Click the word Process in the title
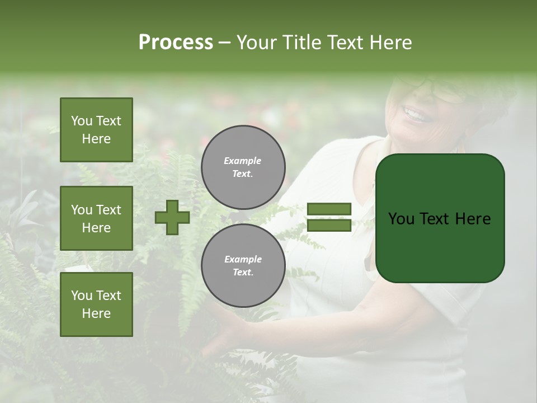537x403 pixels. click(176, 43)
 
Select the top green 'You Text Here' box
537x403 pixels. click(96, 130)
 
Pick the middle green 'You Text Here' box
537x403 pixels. click(96, 218)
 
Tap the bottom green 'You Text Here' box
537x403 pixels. click(96, 304)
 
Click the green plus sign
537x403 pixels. click(172, 218)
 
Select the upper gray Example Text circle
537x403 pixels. click(243, 167)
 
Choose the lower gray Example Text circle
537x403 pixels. click(243, 266)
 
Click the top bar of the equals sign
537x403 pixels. click(329, 209)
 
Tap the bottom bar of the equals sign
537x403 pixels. click(329, 226)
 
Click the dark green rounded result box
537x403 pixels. click(440, 218)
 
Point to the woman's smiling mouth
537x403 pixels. click(415, 115)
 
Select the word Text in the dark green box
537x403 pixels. click(438, 219)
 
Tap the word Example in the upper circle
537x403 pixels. click(243, 161)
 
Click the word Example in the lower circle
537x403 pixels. click(243, 259)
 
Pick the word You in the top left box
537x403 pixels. click(81, 121)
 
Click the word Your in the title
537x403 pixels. click(258, 43)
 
